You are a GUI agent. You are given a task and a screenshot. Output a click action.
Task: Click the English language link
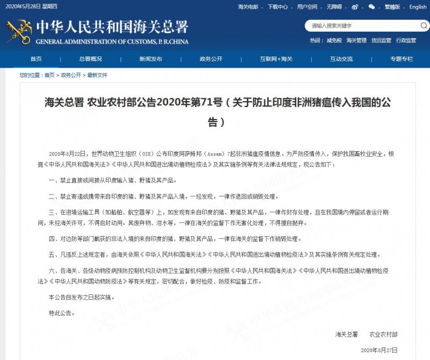(418, 7)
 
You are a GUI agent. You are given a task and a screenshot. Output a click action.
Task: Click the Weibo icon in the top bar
(355, 7)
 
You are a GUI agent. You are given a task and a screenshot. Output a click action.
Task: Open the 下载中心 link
(277, 7)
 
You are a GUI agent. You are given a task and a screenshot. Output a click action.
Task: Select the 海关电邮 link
(248, 7)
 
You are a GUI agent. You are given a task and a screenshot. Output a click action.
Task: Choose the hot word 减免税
(334, 40)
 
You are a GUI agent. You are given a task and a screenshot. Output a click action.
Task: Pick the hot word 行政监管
(406, 40)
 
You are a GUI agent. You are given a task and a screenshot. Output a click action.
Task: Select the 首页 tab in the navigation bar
(36, 59)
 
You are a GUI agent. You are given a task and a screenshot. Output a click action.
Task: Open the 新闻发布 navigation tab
(150, 59)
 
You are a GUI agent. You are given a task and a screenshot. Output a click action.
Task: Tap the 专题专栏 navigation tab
(402, 59)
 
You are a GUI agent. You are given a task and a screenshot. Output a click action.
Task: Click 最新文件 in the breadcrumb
(97, 75)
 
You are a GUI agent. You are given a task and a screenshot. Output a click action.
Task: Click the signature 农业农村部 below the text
(384, 334)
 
